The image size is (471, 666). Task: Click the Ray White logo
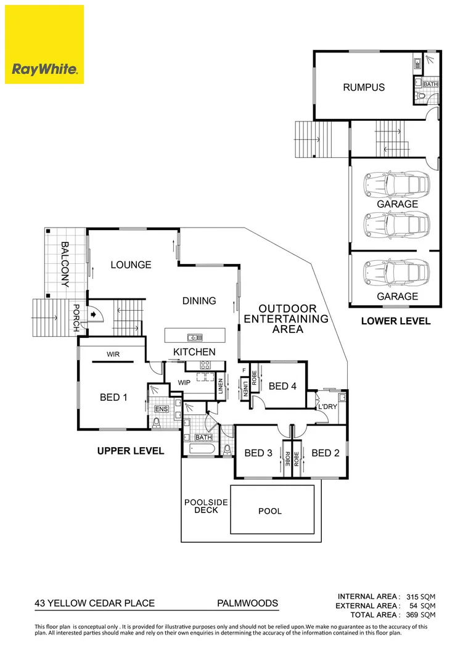pyautogui.click(x=44, y=44)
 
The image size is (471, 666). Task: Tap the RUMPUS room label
pyautogui.click(x=364, y=88)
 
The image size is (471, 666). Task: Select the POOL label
pyautogui.click(x=270, y=511)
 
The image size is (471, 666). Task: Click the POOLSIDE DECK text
pyautogui.click(x=206, y=506)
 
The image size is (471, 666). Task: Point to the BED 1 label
pyautogui.click(x=113, y=398)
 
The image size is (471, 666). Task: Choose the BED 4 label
pyautogui.click(x=283, y=386)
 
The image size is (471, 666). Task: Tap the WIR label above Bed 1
pyautogui.click(x=113, y=355)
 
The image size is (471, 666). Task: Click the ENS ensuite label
pyautogui.click(x=162, y=409)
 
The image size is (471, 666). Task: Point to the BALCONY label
pyautogui.click(x=64, y=265)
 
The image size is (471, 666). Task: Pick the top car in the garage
pyautogui.click(x=394, y=183)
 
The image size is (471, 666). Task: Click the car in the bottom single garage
pyautogui.click(x=394, y=272)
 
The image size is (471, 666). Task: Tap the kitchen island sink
pyautogui.click(x=194, y=337)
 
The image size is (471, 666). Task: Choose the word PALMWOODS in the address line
pyautogui.click(x=247, y=603)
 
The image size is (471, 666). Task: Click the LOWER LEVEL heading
pyautogui.click(x=396, y=321)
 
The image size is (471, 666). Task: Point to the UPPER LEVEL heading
pyautogui.click(x=131, y=451)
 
